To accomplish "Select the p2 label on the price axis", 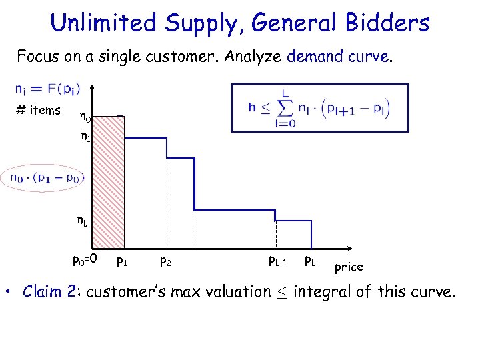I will tap(167, 261).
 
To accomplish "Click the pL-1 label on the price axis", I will tap(277, 261).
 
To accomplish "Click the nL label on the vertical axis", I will tap(81, 221).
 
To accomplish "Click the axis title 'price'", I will tap(349, 267).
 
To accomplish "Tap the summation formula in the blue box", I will tap(319, 107).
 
